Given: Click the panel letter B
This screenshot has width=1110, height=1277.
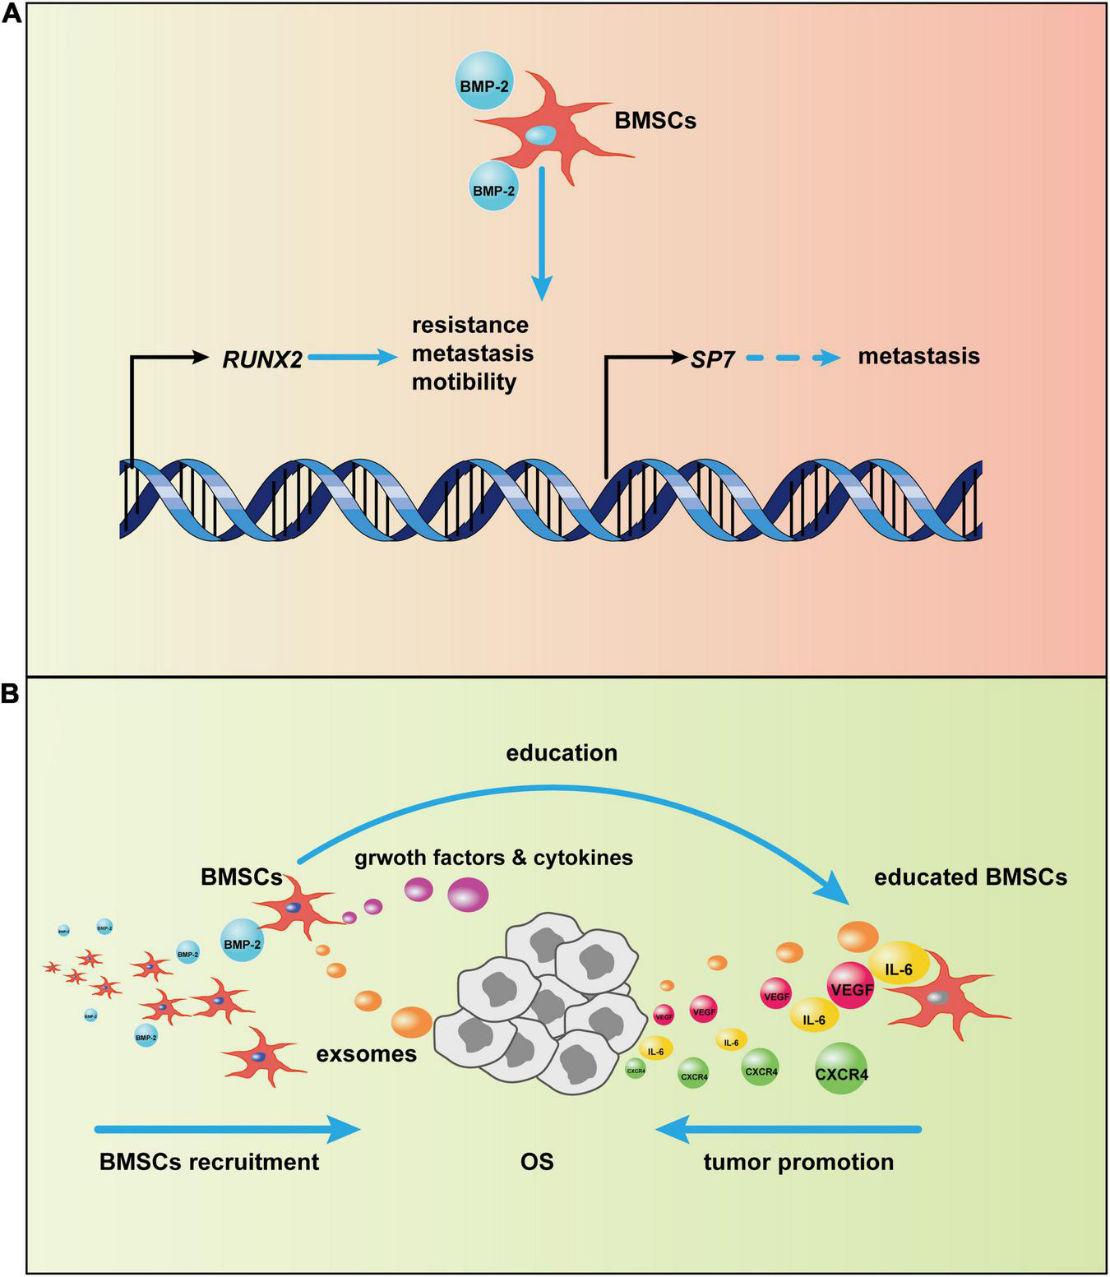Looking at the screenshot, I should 12,694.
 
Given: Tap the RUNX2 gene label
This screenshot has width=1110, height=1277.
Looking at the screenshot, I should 262,359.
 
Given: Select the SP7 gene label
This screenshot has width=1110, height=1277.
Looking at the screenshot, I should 712,359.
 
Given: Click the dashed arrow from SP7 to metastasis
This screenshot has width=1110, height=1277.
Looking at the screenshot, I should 794,358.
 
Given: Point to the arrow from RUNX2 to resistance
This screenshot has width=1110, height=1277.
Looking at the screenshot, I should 352,358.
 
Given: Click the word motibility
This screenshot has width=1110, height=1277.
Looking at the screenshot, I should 464,382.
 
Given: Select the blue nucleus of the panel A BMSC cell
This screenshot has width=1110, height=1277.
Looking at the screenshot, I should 540,135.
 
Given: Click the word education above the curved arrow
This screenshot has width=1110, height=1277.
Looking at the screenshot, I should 562,752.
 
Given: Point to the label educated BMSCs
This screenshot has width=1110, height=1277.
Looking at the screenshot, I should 970,877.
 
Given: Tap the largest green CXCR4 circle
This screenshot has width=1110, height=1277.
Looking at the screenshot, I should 841,1068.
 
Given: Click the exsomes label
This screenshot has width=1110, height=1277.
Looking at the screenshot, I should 367,1053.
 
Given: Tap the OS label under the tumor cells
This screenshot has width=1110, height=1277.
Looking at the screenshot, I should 537,1162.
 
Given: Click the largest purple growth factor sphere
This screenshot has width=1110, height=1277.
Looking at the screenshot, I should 468,894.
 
